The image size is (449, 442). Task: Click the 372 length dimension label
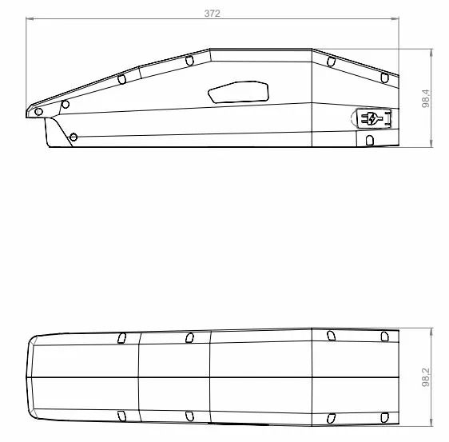pyautogui.click(x=213, y=14)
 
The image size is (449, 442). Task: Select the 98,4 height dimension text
pyautogui.click(x=426, y=98)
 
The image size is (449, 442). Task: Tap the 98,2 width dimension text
pyautogui.click(x=426, y=377)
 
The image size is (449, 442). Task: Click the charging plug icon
pyautogui.click(x=372, y=118)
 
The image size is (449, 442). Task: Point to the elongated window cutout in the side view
pyautogui.click(x=238, y=92)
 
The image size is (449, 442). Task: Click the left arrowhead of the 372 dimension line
pyautogui.click(x=30, y=19)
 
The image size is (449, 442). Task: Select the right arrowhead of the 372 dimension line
pyautogui.click(x=395, y=19)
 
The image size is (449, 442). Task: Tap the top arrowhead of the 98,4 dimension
pyautogui.click(x=431, y=53)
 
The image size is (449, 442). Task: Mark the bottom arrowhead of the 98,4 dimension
pyautogui.click(x=431, y=143)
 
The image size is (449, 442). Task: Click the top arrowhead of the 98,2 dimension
pyautogui.click(x=431, y=332)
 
